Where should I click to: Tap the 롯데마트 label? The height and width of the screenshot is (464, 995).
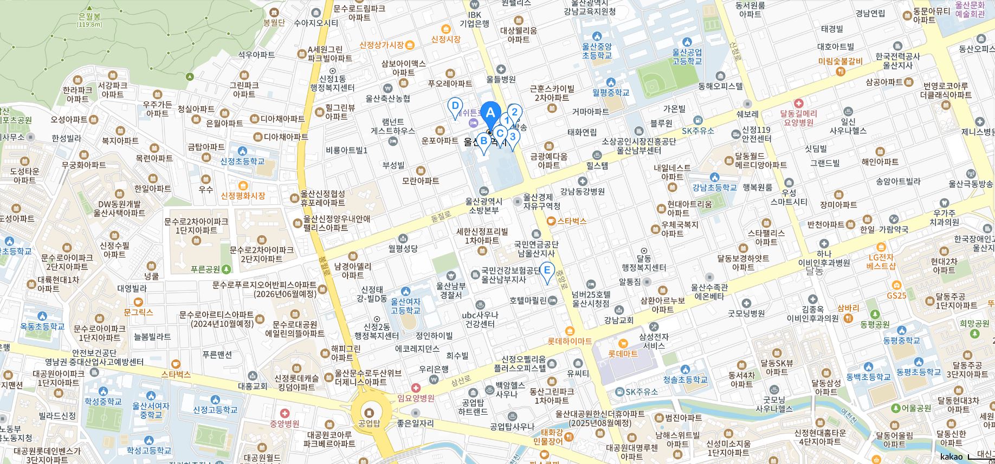tap(623, 353)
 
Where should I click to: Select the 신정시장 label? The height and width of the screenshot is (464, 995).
tap(446, 39)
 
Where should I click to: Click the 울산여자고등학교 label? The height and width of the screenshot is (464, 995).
tap(406, 306)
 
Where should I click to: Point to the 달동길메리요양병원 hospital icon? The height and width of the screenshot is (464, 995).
tap(798, 103)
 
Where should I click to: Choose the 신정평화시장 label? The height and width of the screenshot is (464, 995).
tap(243, 195)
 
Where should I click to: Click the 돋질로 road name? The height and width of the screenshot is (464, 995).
tap(441, 216)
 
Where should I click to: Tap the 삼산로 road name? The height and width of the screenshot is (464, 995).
tap(461, 381)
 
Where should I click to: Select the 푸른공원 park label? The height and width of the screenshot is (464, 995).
tap(206, 269)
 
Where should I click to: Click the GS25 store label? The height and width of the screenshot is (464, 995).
tap(896, 295)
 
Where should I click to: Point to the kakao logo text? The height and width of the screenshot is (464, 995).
tap(951, 456)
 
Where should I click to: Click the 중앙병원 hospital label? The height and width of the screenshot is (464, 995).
tap(285, 423)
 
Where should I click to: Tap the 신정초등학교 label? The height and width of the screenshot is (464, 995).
tap(243, 161)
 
